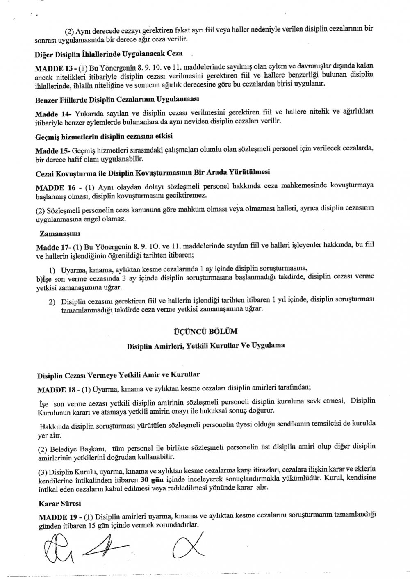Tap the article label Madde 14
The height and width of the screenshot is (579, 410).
pos(48,112)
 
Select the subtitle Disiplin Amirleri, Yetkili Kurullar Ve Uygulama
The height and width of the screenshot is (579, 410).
pos(205,346)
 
